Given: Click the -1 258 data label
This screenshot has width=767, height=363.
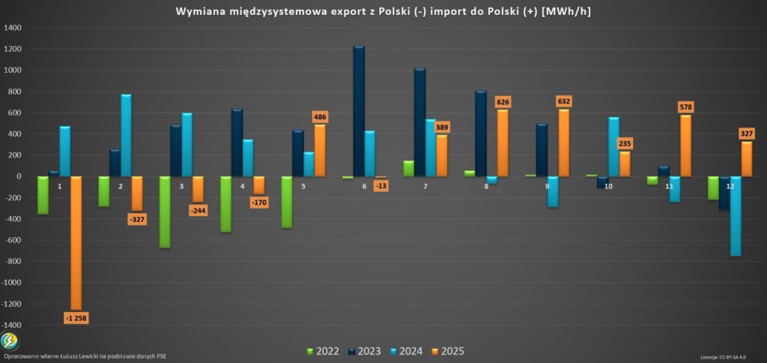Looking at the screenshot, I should [75, 318].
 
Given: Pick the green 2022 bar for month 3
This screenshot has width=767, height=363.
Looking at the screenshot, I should [165, 211].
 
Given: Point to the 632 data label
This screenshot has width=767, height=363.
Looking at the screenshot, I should [564, 101].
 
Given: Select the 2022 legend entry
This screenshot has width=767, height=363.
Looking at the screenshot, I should [323, 351].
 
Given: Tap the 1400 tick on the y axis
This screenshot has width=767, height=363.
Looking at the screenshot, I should [13, 28].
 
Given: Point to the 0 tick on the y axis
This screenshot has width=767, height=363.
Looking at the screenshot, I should [20, 177].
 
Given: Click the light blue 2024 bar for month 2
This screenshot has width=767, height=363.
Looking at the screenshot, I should [126, 136].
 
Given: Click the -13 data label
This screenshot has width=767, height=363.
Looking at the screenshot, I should [381, 186].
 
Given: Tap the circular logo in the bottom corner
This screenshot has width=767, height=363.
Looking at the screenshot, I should [10, 341].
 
